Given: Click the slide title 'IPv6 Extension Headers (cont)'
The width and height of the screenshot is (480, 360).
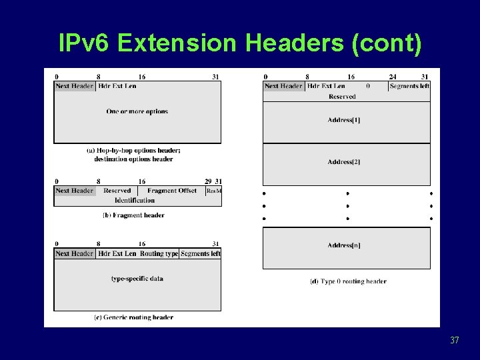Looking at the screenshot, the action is point(240,43).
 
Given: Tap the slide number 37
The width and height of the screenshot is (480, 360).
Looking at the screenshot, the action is point(454,341).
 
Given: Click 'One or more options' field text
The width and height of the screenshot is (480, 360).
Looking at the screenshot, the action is point(137,111).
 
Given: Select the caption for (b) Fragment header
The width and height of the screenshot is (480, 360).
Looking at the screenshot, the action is point(133,215).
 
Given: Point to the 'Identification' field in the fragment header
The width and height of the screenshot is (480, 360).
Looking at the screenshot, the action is point(135,200).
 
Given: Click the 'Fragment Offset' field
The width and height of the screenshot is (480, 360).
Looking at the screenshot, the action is point(172,191).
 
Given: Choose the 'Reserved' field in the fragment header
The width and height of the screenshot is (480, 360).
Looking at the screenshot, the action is point(117,191).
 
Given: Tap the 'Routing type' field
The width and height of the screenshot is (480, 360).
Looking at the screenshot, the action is point(159,253).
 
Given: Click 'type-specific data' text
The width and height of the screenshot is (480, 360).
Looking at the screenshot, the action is point(137,279).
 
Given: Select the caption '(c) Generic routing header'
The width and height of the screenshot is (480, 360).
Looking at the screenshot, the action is point(134,317).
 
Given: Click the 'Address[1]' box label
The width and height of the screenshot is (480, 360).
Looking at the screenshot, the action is point(344,120).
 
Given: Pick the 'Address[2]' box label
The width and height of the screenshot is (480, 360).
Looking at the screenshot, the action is point(344,162).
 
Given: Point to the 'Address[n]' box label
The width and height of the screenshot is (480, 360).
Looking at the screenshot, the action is point(344,245).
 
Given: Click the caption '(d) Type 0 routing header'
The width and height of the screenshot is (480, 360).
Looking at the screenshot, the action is point(348,281).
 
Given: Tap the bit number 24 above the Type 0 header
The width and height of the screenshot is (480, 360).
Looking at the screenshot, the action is point(393,77).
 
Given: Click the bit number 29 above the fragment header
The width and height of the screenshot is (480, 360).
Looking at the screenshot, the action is point(208,181).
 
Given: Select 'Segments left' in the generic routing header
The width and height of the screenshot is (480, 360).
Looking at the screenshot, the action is point(200,253).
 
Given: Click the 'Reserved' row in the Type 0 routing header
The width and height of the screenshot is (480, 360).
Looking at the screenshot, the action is point(342,97).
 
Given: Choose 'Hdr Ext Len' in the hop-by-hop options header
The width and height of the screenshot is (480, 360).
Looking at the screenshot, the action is point(117,85).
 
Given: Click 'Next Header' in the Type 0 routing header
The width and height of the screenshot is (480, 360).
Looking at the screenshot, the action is point(283,85).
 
